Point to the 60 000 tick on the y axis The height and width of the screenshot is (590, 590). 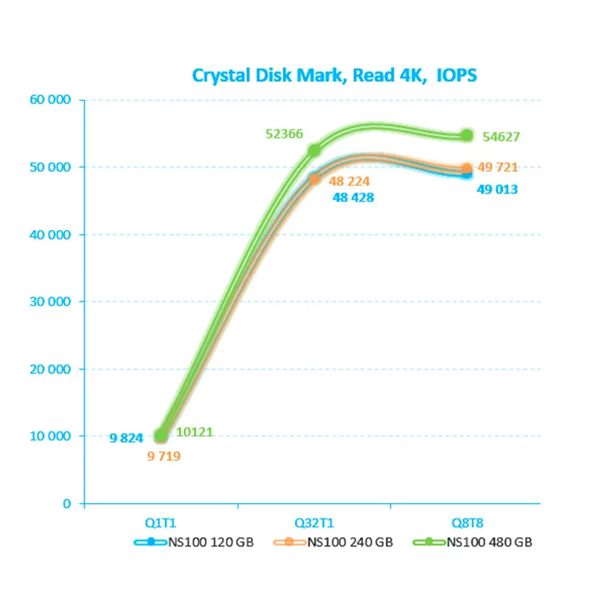click(50, 100)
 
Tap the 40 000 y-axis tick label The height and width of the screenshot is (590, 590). click(50, 235)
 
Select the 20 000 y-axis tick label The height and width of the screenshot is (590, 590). click(50, 369)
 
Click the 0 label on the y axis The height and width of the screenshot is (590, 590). click(67, 504)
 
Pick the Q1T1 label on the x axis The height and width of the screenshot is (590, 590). click(161, 523)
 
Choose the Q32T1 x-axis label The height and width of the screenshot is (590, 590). click(314, 523)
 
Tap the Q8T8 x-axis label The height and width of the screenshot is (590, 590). click(468, 523)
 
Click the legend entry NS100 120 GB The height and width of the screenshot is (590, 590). click(194, 542)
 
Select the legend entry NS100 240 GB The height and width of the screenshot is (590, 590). click(333, 542)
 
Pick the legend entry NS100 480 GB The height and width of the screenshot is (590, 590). click(473, 542)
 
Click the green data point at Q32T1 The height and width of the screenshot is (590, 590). click(314, 150)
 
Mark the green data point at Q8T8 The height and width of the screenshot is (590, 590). click(468, 136)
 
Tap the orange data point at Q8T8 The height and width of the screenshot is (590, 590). click(467, 168)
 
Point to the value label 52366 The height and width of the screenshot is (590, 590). click(284, 134)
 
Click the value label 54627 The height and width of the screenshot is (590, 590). click(502, 137)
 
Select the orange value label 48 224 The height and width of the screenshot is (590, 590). click(349, 181)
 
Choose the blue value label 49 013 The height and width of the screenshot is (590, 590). click(497, 190)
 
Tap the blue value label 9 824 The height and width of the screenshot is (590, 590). click(126, 438)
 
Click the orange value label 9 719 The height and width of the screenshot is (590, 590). click(164, 457)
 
